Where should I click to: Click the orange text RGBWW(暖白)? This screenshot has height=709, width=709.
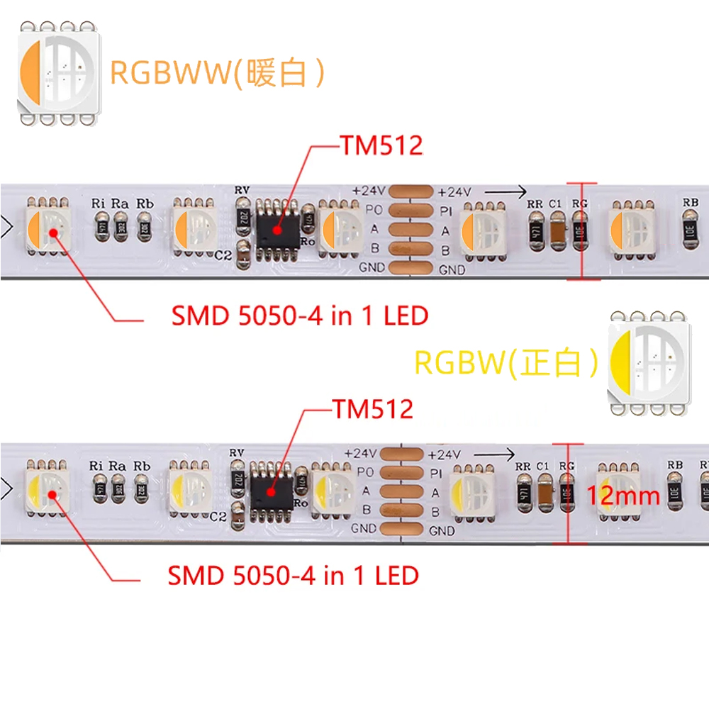click(x=217, y=72)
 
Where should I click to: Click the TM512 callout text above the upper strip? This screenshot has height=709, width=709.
click(x=381, y=146)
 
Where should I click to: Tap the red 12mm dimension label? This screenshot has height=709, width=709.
click(x=624, y=496)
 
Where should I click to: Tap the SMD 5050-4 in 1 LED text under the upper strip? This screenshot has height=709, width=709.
click(x=300, y=316)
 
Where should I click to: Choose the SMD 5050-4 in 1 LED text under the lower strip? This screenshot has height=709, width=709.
click(x=293, y=575)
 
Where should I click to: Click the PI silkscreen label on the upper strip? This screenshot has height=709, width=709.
click(x=446, y=211)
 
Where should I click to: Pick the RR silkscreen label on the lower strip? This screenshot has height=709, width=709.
click(x=523, y=466)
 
